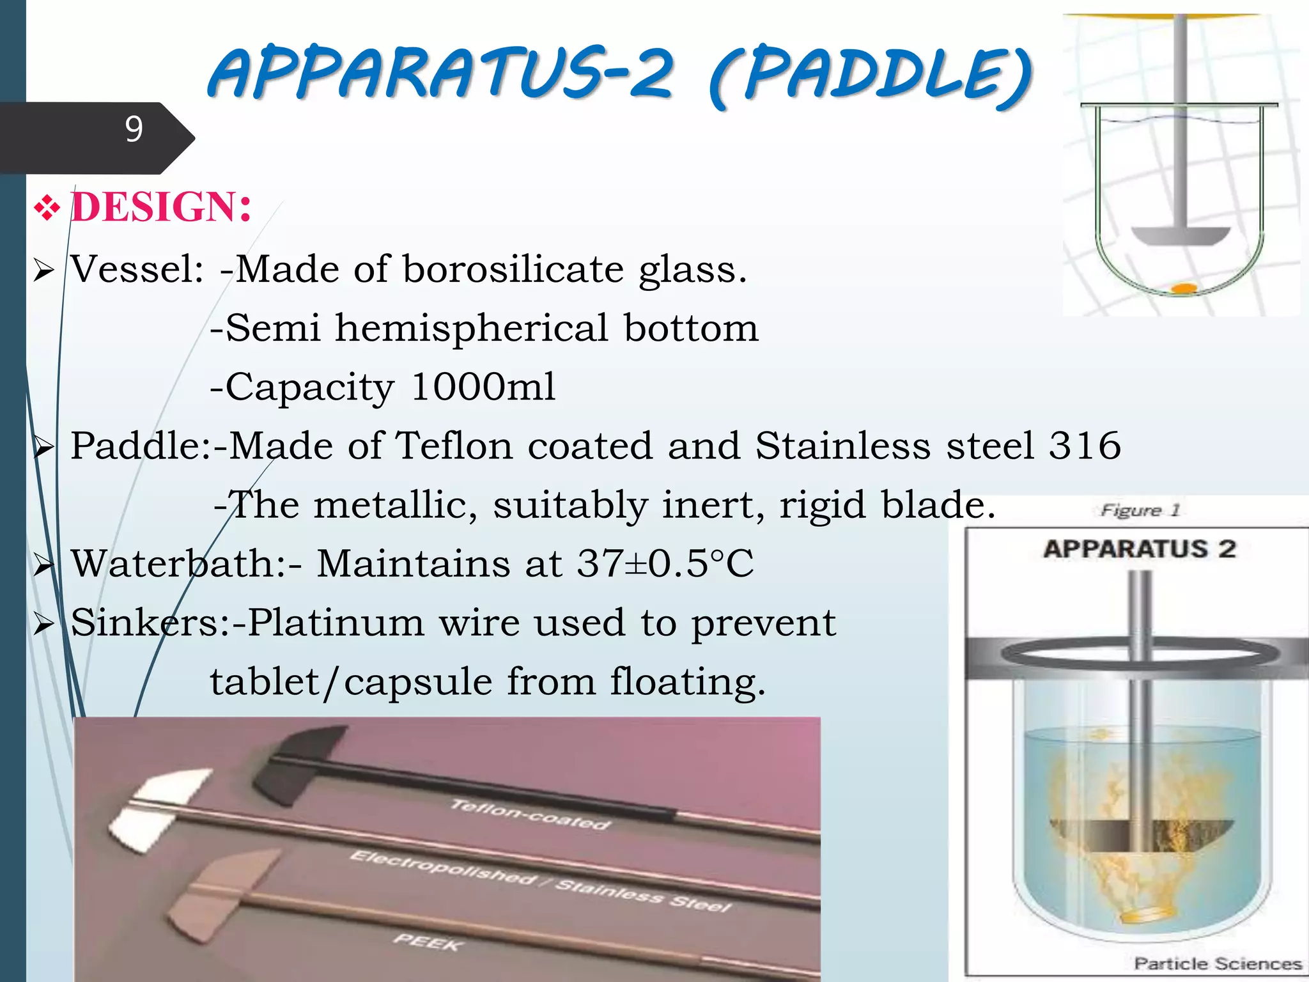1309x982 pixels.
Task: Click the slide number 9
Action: click(134, 129)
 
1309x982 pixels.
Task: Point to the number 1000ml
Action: click(483, 387)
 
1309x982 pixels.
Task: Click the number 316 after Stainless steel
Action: click(1085, 446)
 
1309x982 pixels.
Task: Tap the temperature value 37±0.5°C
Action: click(665, 564)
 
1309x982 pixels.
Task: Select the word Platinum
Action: click(336, 623)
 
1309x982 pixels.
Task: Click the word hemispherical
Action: click(472, 328)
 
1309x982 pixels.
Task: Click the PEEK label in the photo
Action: click(426, 941)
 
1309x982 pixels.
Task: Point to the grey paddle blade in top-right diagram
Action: click(1180, 236)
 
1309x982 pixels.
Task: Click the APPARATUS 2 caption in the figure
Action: click(1140, 549)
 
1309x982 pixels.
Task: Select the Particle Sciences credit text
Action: click(1217, 963)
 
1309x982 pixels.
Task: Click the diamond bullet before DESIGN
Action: click(47, 208)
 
